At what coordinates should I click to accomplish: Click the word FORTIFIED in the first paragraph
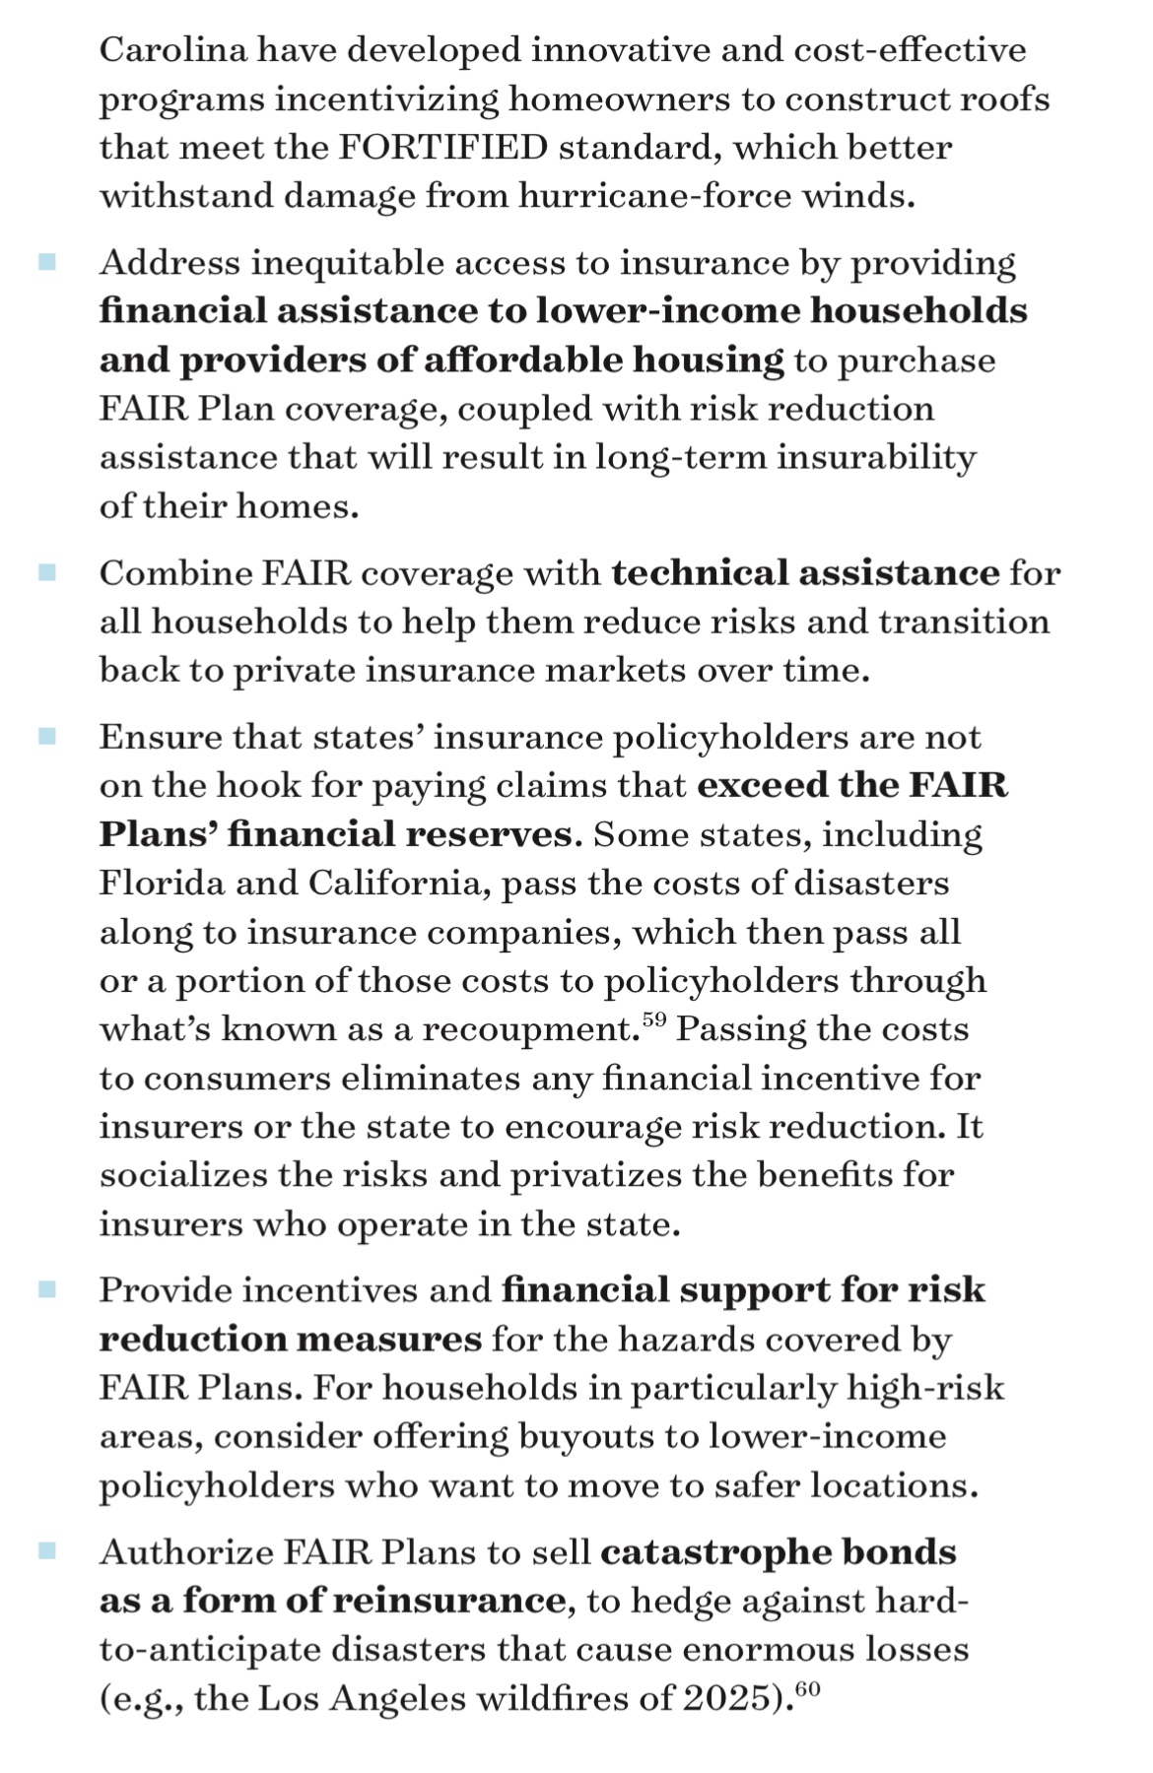pyautogui.click(x=443, y=148)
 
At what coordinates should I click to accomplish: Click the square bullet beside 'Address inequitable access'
pyautogui.click(x=46, y=262)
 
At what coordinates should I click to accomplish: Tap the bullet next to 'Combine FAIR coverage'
pyautogui.click(x=46, y=572)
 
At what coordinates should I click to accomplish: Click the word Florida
pyautogui.click(x=161, y=882)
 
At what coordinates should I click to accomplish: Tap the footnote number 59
pyautogui.click(x=654, y=1018)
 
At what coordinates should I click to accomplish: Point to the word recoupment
pyautogui.click(x=526, y=1030)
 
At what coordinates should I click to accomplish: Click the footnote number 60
pyautogui.click(x=807, y=1688)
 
